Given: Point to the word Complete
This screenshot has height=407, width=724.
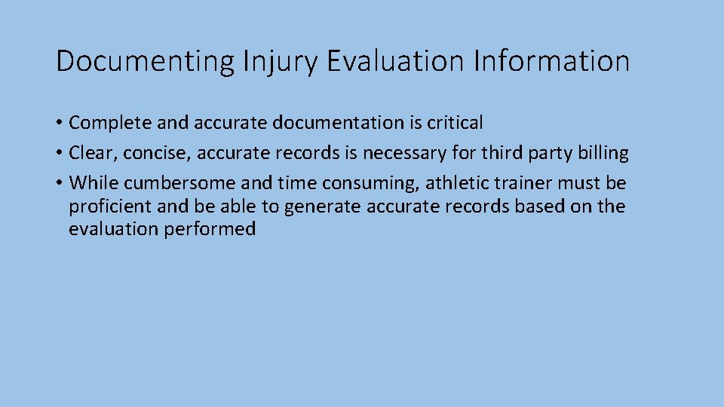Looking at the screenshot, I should [112, 123].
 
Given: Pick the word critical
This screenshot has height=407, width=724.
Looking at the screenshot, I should [453, 122].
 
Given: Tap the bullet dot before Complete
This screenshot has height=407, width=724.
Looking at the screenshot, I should [59, 123].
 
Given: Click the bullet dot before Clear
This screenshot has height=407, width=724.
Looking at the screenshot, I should [59, 153].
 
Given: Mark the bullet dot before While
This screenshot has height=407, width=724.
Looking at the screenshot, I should [59, 183].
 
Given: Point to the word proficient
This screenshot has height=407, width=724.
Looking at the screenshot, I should [111, 207].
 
